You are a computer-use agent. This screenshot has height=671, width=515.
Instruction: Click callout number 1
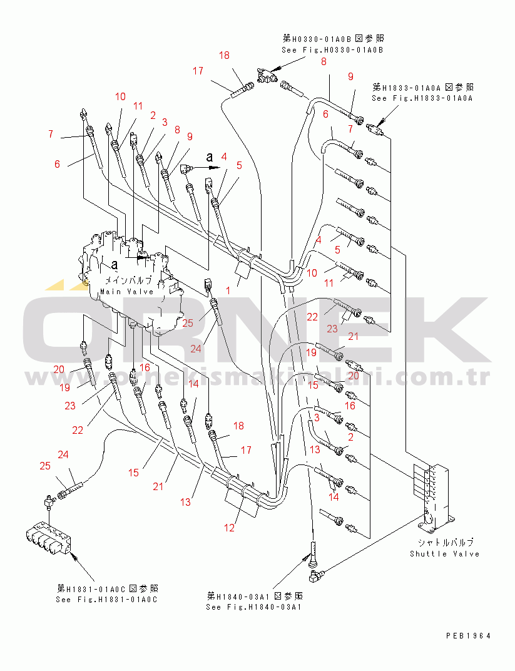pos(228,290)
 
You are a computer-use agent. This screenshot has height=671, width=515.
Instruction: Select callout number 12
pos(230,528)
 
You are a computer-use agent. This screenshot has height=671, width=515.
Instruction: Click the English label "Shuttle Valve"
pos(444,553)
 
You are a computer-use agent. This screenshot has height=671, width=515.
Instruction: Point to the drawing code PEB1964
pos(468,635)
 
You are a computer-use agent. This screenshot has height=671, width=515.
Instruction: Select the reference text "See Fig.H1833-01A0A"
pos(422,98)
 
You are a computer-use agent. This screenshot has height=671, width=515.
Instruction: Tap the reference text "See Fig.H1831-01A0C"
pos(107,599)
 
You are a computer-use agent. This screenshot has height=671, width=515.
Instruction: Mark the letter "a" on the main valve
pos(115,265)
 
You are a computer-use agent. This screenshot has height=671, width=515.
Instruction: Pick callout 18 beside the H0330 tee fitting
pos(224,56)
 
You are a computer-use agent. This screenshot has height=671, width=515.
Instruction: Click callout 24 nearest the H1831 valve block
pos(63,454)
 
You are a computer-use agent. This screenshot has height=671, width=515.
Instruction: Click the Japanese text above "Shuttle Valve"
pos(445,542)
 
